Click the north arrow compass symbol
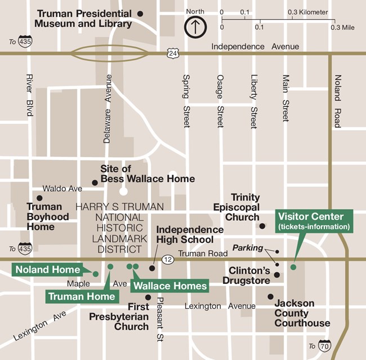click(x=195, y=26)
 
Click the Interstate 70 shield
click(x=324, y=345)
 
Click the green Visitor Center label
click(x=314, y=220)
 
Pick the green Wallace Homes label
click(x=169, y=286)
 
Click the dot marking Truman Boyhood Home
click(x=39, y=198)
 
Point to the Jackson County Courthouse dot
click(x=270, y=296)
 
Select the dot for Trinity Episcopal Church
click(x=262, y=226)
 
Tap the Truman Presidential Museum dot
click(x=140, y=13)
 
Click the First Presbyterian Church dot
click(x=148, y=297)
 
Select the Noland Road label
click(x=337, y=101)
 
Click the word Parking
click(x=248, y=248)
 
